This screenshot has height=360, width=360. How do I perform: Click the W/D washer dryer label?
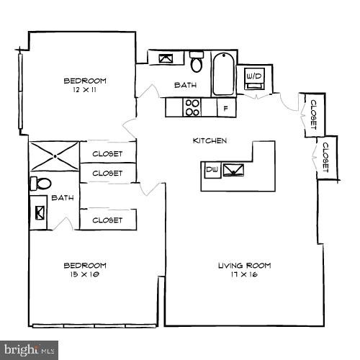tap(253, 76)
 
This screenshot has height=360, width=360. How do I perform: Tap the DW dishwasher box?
tap(212, 170)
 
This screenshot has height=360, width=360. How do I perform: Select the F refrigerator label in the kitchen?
tap(225, 109)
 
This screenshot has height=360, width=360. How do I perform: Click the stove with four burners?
tap(192, 107)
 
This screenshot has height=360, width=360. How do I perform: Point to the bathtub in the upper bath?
tap(223, 73)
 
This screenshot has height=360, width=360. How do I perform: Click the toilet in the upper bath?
tap(197, 63)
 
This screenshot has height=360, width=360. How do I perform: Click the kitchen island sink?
tap(234, 170)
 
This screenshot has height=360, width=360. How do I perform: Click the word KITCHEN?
tap(210, 140)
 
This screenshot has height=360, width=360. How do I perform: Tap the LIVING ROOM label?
tap(244, 265)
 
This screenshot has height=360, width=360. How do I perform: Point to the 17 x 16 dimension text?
tap(244, 274)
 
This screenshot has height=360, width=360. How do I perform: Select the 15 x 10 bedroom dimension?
tap(85, 274)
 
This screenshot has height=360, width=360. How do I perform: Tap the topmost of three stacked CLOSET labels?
tap(107, 153)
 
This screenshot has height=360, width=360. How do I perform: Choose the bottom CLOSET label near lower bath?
tap(107, 220)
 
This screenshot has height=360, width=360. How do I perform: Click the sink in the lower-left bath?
tap(39, 213)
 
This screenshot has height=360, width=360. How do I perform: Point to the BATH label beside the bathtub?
tap(185, 86)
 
